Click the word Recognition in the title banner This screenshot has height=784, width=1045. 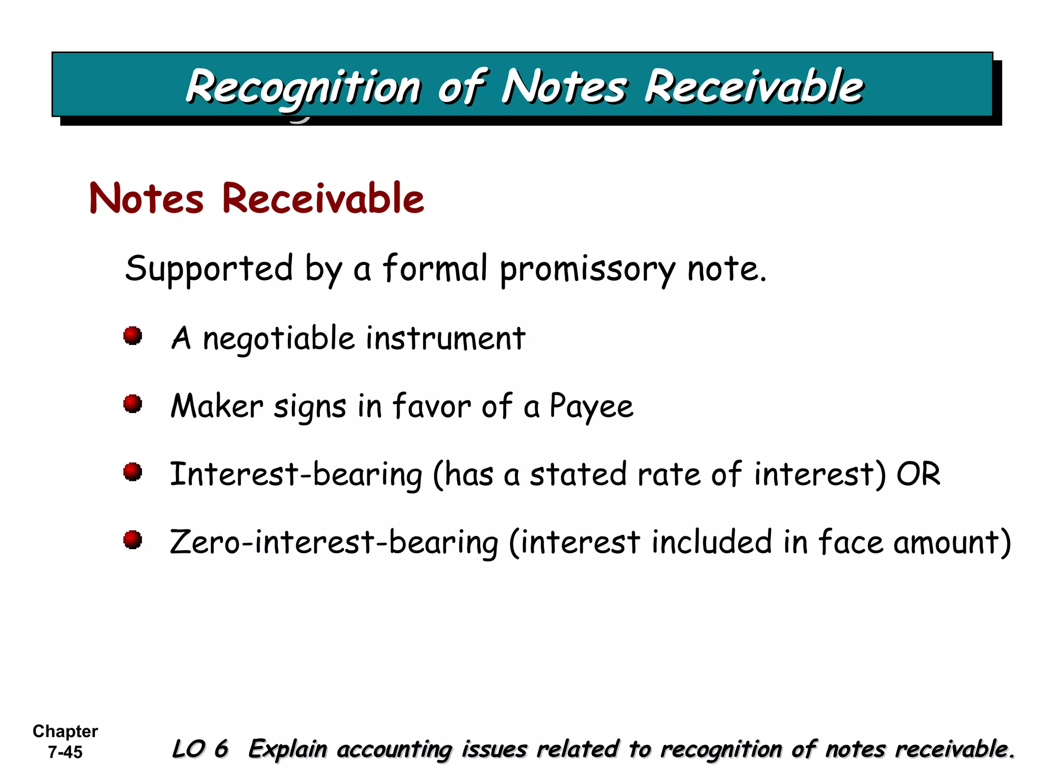[303, 87]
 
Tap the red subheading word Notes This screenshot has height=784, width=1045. [146, 199]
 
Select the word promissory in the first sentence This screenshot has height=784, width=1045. [587, 269]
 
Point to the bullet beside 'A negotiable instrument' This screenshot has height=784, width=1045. [133, 336]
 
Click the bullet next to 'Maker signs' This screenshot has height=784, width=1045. [133, 404]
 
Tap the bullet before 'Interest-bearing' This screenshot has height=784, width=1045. [133, 472]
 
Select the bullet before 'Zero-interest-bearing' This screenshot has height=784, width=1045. [133, 540]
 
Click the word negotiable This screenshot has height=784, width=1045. [279, 338]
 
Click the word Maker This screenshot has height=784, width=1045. [217, 406]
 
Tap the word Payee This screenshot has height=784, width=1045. [591, 407]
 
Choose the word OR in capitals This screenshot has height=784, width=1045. [918, 474]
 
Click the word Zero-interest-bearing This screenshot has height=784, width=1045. [334, 542]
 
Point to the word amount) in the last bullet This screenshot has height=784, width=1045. [952, 542]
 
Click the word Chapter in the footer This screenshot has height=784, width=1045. [65, 731]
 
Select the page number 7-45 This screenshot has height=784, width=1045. [65, 752]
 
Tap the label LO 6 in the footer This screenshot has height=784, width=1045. [200, 749]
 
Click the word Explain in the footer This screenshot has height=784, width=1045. [287, 749]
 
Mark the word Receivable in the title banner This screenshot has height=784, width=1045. [754, 87]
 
